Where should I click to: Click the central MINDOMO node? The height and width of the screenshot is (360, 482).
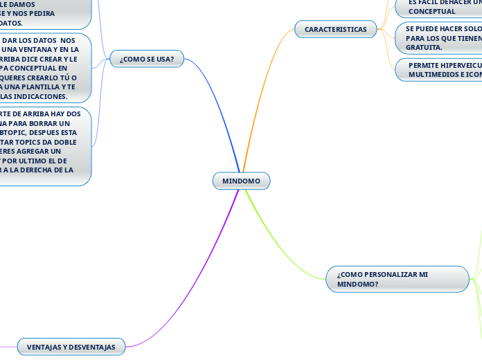point(241,181)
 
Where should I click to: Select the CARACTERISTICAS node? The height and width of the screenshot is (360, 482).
point(336,29)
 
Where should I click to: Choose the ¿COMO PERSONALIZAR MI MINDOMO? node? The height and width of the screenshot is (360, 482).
point(398,279)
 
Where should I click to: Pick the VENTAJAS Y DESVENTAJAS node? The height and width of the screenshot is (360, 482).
point(71,346)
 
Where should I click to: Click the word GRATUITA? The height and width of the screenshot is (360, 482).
point(423,47)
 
